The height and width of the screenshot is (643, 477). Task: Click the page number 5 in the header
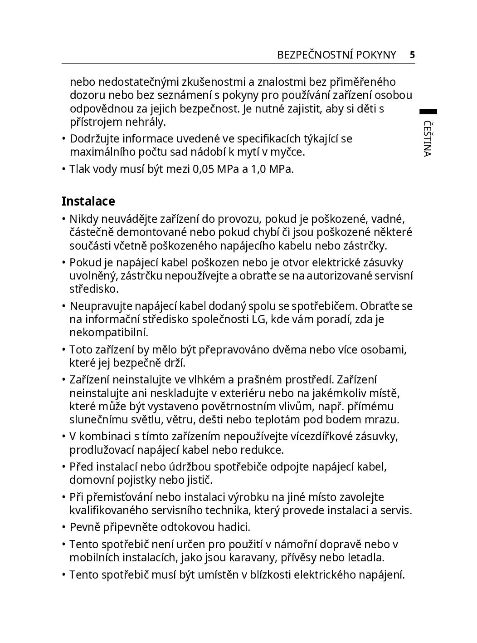412,55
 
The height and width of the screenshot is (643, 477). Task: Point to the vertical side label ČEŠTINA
427,138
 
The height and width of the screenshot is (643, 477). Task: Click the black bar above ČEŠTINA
428,111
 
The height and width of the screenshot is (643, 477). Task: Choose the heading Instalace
88,201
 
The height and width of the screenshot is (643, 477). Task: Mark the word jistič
200,480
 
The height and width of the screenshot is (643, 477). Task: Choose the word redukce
263,450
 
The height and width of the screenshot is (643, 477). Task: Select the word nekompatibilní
108,332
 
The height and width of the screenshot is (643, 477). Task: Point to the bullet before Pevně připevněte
64,527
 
